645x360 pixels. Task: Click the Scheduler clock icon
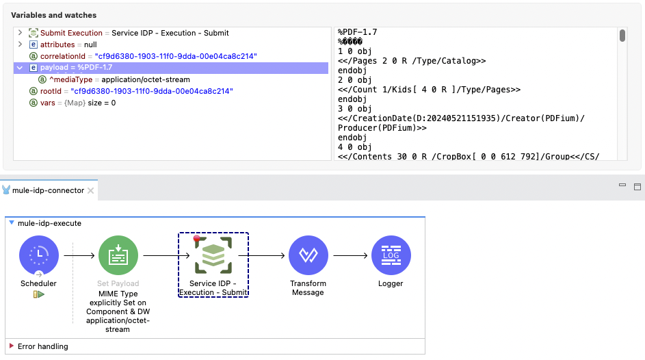click(39, 255)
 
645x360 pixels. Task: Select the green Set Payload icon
click(118, 255)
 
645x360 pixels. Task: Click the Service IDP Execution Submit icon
click(213, 255)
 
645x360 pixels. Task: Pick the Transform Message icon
click(308, 255)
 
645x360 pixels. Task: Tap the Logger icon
click(391, 255)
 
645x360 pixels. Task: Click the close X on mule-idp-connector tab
click(90, 190)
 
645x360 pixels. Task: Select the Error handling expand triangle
click(12, 346)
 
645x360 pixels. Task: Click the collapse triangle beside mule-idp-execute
click(12, 223)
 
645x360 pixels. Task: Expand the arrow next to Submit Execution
click(21, 33)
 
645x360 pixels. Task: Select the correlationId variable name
click(65, 56)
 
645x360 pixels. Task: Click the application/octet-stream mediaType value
click(146, 79)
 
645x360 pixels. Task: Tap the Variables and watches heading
click(53, 15)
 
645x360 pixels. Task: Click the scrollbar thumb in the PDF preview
click(622, 36)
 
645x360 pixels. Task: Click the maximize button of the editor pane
click(637, 186)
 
